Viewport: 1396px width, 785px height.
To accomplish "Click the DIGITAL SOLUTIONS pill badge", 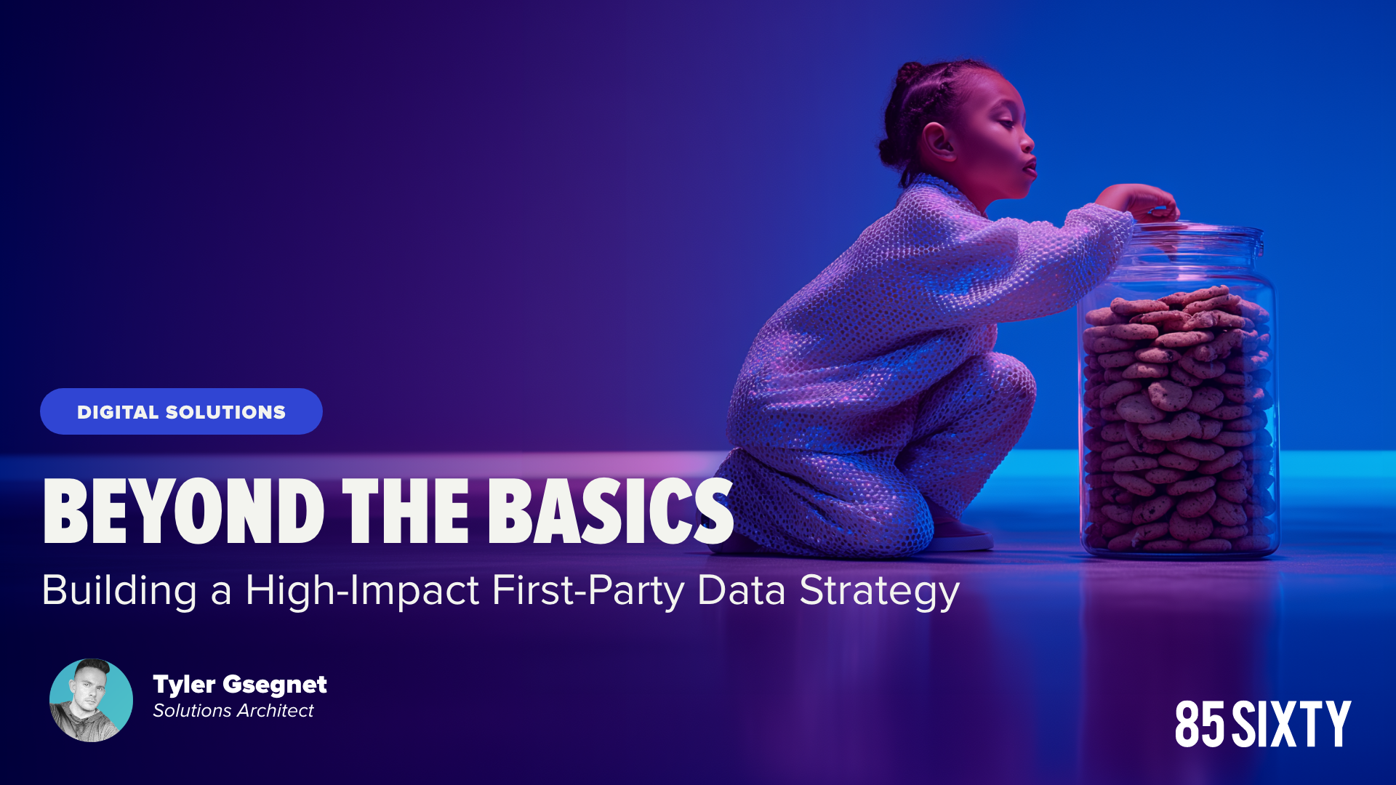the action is point(181,411).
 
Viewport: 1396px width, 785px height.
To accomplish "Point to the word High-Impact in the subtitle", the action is point(362,591).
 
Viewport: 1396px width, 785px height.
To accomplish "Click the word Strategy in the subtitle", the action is point(880,591).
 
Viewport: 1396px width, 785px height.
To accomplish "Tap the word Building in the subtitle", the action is point(119,591).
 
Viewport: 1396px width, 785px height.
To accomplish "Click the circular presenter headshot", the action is point(91,700).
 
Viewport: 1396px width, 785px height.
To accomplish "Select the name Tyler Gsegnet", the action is point(240,684).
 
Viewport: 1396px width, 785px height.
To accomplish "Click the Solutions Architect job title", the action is point(233,710).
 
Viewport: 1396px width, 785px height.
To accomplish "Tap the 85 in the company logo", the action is point(1200,724).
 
